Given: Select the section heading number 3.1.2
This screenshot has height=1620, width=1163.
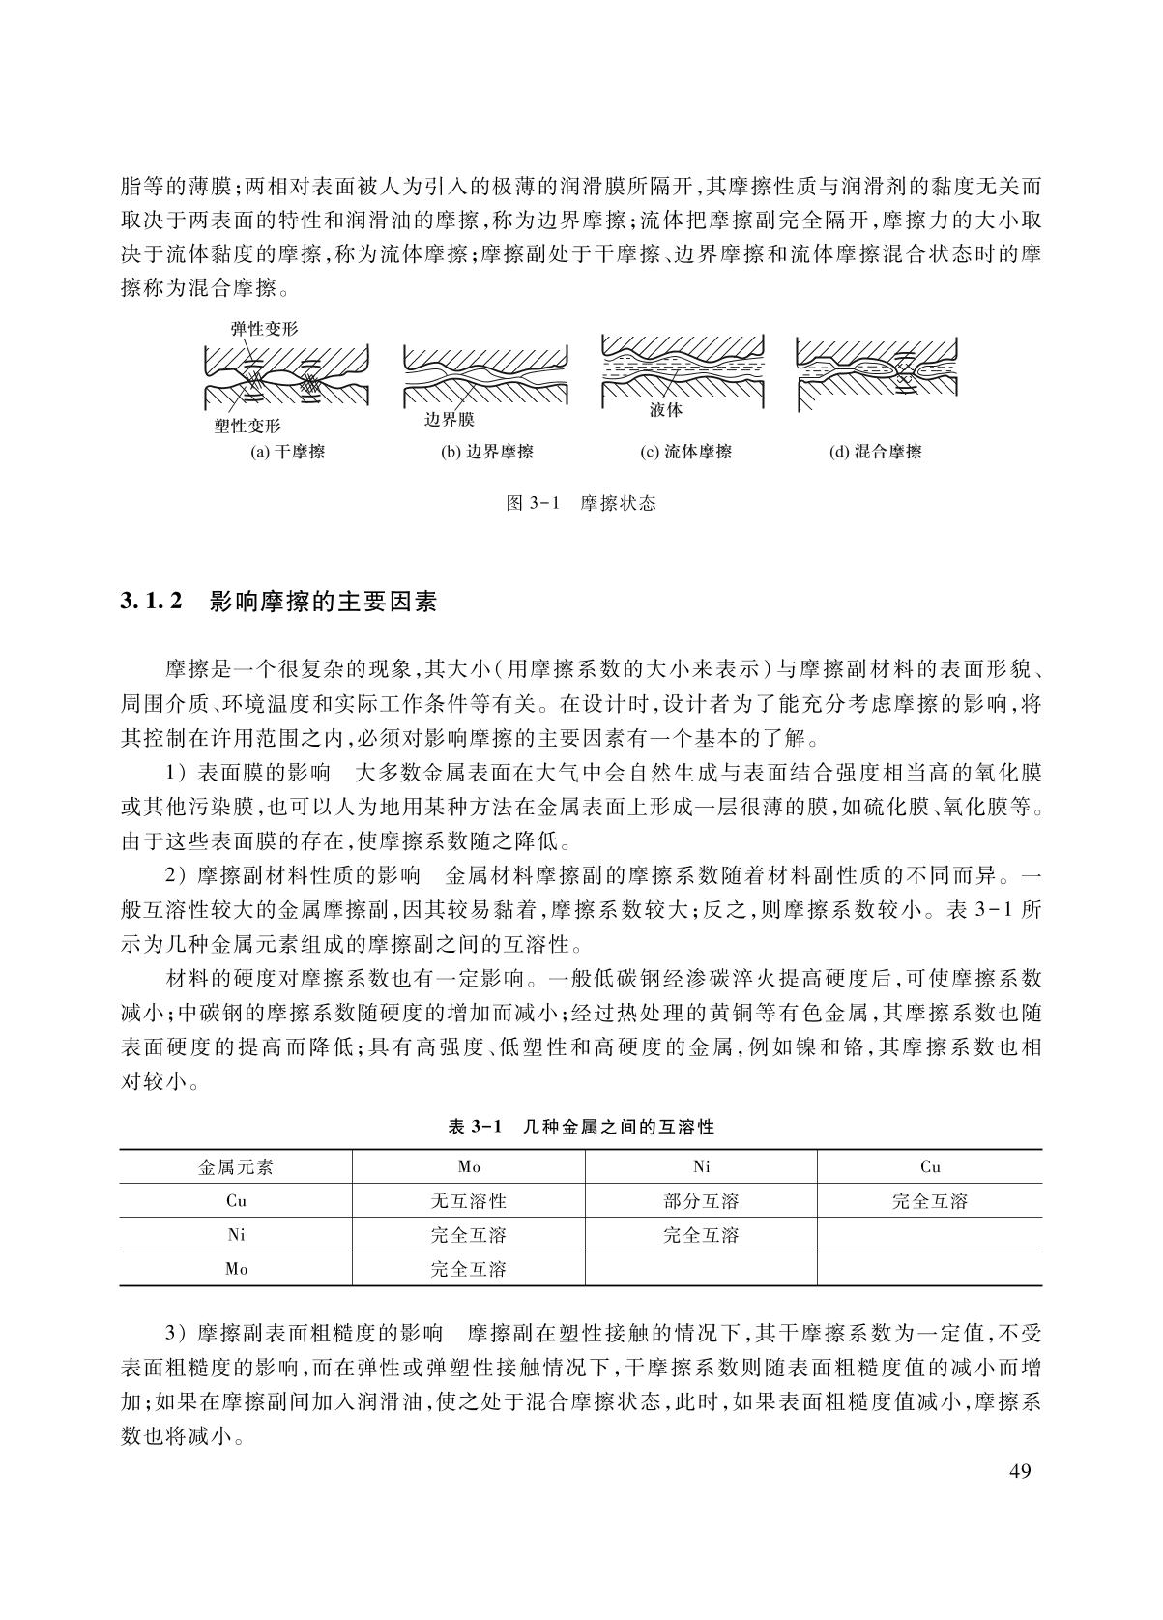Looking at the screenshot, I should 152,603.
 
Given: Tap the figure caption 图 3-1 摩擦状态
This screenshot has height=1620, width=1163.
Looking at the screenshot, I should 581,503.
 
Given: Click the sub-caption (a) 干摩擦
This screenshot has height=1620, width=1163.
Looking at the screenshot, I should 288,452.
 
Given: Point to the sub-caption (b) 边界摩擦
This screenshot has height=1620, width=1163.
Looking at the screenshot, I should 487,452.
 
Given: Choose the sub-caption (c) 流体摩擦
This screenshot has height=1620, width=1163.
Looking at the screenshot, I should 685,452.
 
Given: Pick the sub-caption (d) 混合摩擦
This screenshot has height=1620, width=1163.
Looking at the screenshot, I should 876,452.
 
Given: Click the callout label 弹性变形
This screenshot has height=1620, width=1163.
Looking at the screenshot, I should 264,329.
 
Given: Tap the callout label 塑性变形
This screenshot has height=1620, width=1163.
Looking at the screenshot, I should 247,426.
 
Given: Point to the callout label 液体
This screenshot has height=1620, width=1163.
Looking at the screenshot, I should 666,410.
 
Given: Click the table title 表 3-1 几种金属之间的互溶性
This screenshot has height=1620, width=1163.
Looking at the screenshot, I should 581,1127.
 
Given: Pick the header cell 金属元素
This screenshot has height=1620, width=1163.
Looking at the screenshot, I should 236,1167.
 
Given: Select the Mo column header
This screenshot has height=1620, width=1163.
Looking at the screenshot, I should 469,1167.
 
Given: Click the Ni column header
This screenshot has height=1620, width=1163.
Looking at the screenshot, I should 701,1167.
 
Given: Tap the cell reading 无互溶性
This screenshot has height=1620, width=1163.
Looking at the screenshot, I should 469,1201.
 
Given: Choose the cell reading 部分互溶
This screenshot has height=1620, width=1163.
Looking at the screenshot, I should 701,1201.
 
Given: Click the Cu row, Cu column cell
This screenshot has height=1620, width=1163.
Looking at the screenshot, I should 929,1201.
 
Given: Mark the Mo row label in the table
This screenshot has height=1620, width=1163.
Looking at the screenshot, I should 236,1269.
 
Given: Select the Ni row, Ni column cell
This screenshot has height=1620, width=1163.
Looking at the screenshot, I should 701,1235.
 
